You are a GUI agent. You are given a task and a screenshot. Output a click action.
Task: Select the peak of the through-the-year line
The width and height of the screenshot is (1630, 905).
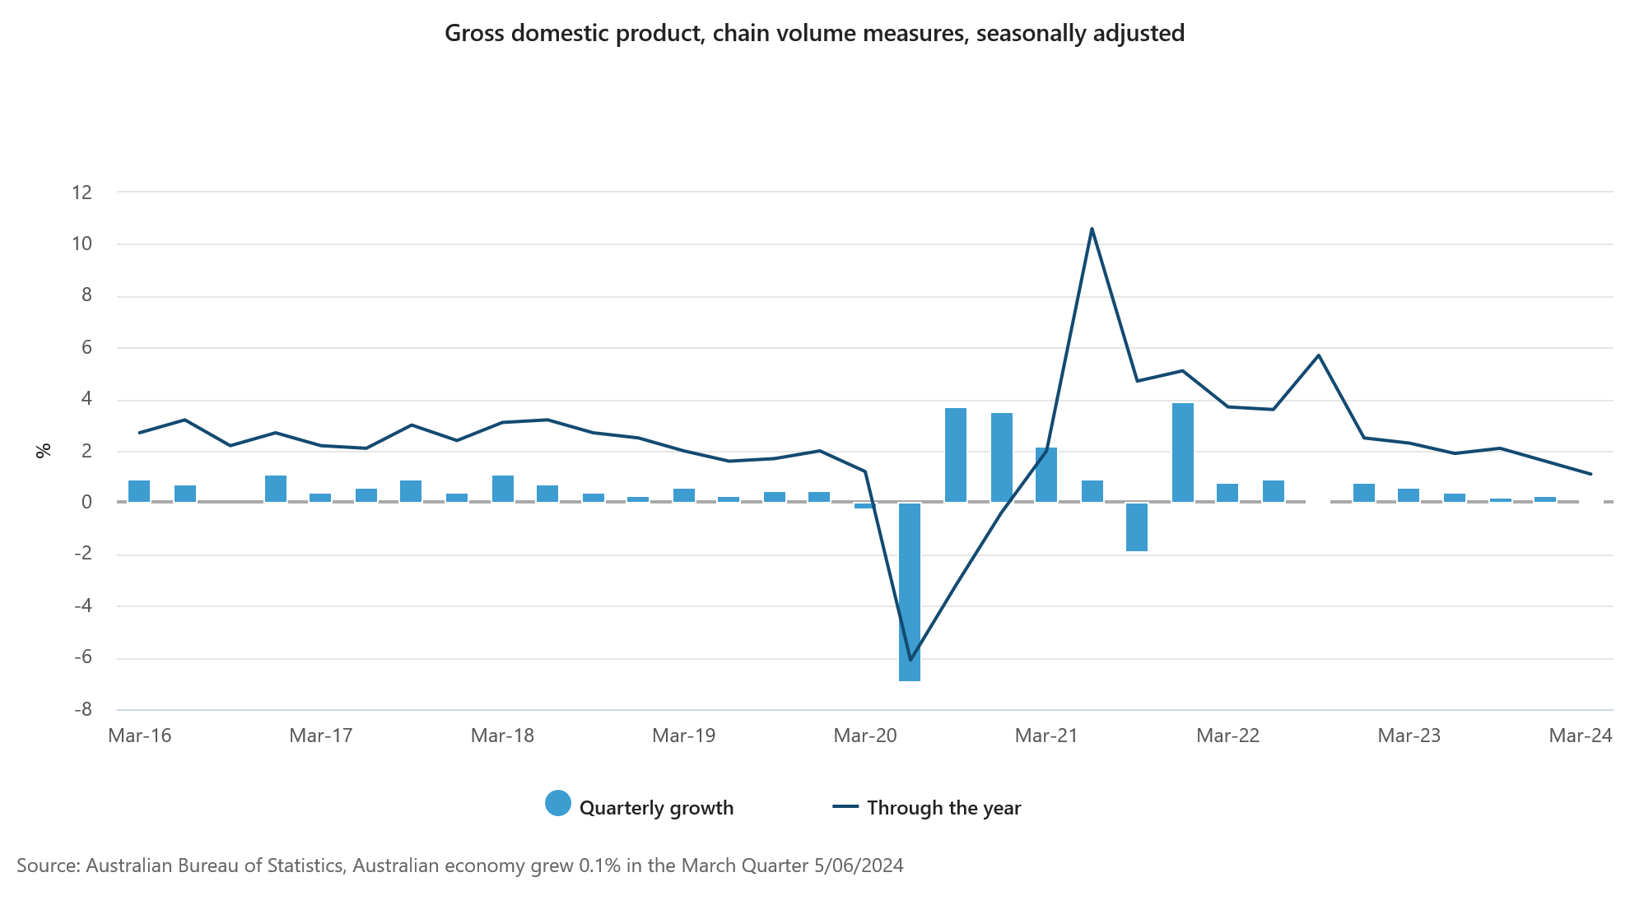pyautogui.click(x=1092, y=229)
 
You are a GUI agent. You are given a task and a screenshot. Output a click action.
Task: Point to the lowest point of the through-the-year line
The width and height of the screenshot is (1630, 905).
pyautogui.click(x=910, y=660)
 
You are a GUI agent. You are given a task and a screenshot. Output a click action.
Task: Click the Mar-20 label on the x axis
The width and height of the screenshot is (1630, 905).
pyautogui.click(x=865, y=736)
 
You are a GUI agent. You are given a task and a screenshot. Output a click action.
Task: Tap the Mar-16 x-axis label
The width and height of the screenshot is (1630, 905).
pyautogui.click(x=140, y=736)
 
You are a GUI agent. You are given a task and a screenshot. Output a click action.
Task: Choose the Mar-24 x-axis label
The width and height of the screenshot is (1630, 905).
pyautogui.click(x=1580, y=736)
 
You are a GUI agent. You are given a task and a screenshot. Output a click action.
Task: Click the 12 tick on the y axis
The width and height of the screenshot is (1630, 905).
pyautogui.click(x=82, y=193)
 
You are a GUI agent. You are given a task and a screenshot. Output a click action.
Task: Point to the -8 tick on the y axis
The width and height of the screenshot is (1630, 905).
pyautogui.click(x=82, y=709)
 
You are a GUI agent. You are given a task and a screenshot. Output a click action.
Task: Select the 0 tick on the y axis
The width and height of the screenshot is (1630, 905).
pyautogui.click(x=86, y=502)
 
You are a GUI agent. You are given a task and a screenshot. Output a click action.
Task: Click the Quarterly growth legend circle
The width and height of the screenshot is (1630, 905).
pyautogui.click(x=558, y=804)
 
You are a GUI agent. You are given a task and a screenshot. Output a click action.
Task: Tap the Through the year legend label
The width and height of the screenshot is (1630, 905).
pyautogui.click(x=943, y=808)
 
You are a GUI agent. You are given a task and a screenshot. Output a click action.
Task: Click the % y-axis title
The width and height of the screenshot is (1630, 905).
pyautogui.click(x=44, y=450)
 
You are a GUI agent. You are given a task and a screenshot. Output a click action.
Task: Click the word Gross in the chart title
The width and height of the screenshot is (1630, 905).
pyautogui.click(x=473, y=33)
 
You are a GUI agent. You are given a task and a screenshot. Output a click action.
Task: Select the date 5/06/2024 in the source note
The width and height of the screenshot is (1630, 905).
pyautogui.click(x=859, y=866)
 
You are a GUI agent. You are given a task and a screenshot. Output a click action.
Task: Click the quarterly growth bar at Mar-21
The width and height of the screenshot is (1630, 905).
pyautogui.click(x=1046, y=475)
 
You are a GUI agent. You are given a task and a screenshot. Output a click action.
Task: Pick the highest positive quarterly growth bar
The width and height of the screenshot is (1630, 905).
pyautogui.click(x=1183, y=452)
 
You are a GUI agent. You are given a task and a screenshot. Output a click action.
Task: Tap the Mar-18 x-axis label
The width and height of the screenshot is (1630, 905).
pyautogui.click(x=502, y=736)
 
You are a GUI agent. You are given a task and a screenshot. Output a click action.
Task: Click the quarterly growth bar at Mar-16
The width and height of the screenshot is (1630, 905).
pyautogui.click(x=139, y=491)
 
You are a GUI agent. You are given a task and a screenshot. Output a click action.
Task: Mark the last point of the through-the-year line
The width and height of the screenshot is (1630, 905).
pyautogui.click(x=1590, y=474)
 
